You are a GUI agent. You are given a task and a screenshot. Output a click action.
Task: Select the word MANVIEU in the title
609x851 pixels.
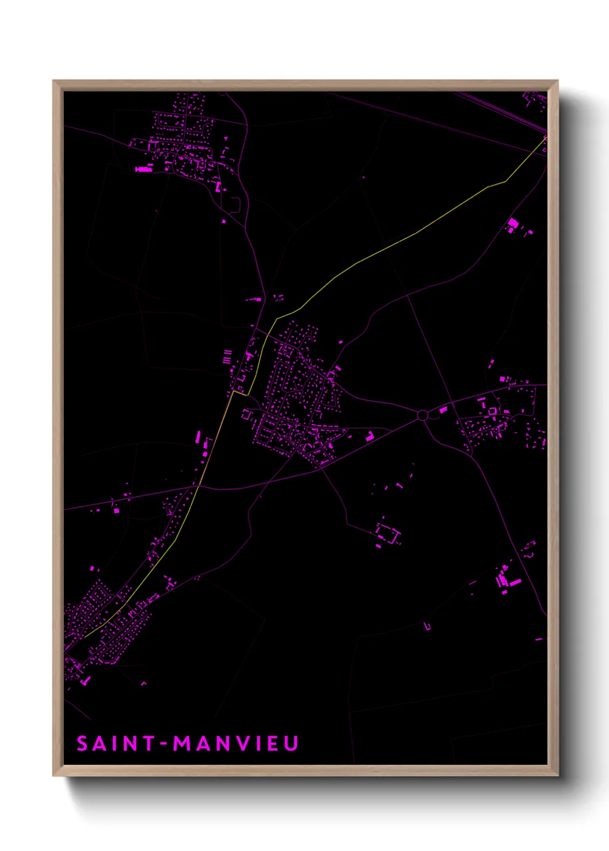pos(236,743)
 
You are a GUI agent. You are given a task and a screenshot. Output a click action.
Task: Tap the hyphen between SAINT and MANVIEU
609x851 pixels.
pos(164,744)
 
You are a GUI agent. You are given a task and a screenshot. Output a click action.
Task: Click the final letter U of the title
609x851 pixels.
pos(291,743)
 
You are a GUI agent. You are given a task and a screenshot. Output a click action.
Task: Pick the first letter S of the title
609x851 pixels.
pos(82,743)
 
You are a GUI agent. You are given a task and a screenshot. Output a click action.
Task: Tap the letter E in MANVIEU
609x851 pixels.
pos(273,743)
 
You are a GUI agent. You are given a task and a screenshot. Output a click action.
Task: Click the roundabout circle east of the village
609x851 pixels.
pos(423,415)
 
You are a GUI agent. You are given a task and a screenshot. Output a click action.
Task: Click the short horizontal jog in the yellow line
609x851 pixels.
pos(240,394)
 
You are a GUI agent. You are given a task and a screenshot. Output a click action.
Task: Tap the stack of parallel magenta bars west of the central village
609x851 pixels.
pos(227,356)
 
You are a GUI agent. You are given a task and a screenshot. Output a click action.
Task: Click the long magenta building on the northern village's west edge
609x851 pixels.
pos(143,169)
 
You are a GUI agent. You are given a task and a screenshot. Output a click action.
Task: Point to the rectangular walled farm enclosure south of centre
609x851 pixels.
pos(388,533)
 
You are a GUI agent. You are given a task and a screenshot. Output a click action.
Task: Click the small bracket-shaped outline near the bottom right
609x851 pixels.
pos(428,626)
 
